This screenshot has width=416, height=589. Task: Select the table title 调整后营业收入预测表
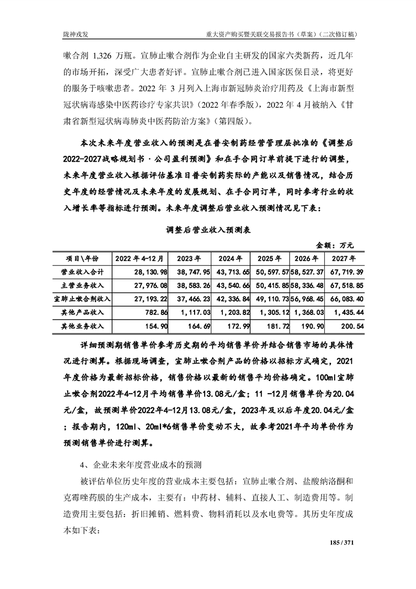click(208, 229)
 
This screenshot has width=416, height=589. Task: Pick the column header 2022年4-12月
click(141, 258)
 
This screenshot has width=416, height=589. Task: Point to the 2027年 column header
click(343, 258)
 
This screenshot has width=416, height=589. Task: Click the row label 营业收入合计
click(82, 272)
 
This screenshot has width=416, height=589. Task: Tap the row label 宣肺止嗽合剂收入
click(82, 299)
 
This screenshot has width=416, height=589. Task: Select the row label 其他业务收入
click(82, 326)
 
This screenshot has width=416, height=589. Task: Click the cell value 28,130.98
click(150, 272)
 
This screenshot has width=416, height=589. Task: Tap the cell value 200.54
click(349, 326)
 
